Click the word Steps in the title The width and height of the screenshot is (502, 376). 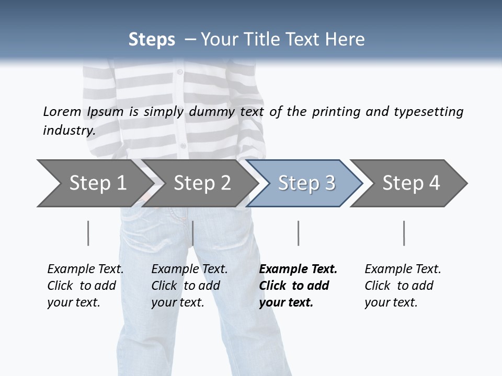[152, 40]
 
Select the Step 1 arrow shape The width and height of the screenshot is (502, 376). [94, 183]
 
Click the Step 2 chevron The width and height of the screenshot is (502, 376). [201, 183]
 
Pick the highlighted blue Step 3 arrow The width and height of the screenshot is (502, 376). [305, 183]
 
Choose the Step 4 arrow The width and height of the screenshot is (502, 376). [410, 183]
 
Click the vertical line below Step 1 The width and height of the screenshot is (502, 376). [88, 233]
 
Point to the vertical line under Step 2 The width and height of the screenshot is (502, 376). [193, 233]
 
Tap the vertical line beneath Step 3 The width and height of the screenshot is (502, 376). [298, 233]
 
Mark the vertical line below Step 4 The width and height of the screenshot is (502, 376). [404, 233]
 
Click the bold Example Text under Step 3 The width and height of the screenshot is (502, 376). [298, 286]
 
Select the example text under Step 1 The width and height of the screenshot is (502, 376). [85, 286]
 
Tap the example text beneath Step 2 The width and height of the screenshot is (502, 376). [189, 286]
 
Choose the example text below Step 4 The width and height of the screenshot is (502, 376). [403, 286]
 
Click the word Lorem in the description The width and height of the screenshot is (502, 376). [62, 111]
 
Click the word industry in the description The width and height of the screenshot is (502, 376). [69, 131]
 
